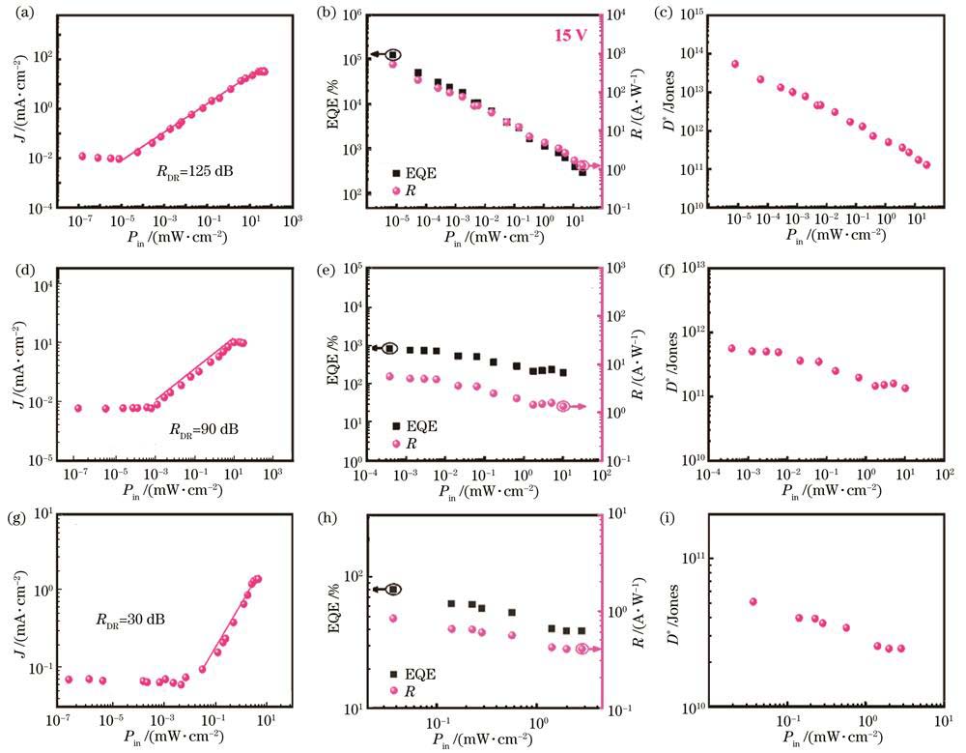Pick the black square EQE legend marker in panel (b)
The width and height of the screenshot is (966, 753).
396,172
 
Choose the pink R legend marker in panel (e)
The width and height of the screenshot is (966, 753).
396,444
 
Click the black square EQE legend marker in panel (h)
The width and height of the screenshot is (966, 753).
394,673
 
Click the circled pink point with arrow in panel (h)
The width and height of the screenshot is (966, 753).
582,649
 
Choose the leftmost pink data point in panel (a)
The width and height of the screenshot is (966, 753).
82,156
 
